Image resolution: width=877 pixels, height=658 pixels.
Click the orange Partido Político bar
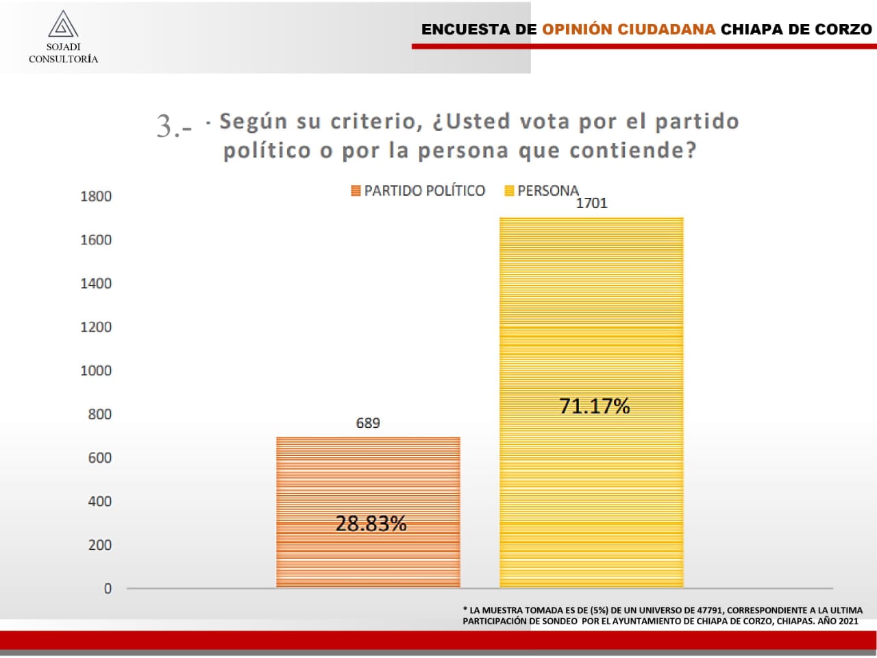tap(368, 479)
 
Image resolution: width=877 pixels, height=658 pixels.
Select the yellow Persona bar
tap(591, 308)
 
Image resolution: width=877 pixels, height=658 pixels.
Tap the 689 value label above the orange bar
tap(368, 423)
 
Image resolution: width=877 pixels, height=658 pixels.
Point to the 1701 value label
tap(591, 203)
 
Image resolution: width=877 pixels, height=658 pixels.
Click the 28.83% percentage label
tap(371, 524)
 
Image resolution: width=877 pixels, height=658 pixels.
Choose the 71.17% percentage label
tap(594, 406)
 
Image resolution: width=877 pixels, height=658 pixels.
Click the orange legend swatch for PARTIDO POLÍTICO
tap(356, 191)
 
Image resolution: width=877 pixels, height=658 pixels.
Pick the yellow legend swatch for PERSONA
tap(509, 191)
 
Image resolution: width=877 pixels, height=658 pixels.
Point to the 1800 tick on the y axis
tap(96, 197)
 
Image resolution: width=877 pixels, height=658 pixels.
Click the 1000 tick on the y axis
tap(96, 370)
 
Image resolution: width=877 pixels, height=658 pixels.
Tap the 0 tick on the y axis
tap(108, 589)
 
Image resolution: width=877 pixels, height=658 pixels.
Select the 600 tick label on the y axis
tap(100, 458)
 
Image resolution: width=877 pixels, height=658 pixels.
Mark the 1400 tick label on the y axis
tap(96, 283)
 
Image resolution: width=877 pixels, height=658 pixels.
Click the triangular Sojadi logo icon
tap(63, 25)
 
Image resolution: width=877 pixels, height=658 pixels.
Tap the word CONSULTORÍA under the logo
tap(63, 60)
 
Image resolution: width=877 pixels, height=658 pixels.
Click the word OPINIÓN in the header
tap(577, 29)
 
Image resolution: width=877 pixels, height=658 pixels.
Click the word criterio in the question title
tap(373, 122)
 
